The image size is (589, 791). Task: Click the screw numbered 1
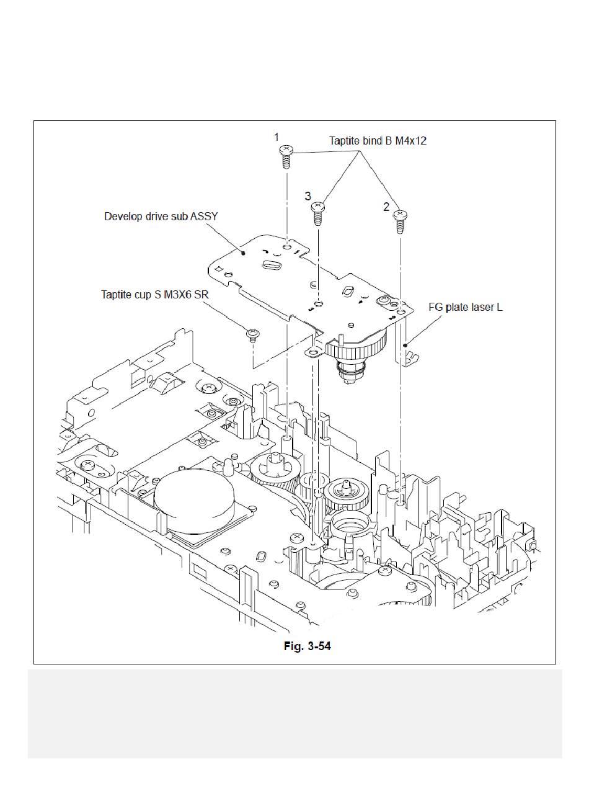pyautogui.click(x=286, y=156)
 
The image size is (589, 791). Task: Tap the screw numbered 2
pyautogui.click(x=400, y=221)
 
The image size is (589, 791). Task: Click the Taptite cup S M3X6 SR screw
pyautogui.click(x=253, y=335)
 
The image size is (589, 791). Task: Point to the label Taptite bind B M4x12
pyautogui.click(x=378, y=141)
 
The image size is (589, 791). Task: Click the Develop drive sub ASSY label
pyautogui.click(x=161, y=217)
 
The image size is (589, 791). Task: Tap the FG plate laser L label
pyautogui.click(x=466, y=307)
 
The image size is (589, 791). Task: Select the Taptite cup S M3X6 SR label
pyautogui.click(x=155, y=295)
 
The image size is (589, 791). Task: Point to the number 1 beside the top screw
pyautogui.click(x=277, y=137)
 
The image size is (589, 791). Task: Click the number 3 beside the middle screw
pyautogui.click(x=308, y=196)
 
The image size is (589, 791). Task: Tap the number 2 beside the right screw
pyautogui.click(x=386, y=207)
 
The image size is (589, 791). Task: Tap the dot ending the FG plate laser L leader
pyautogui.click(x=405, y=345)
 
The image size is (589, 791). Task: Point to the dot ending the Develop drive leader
pyautogui.click(x=243, y=253)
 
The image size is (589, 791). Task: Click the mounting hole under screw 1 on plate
pyautogui.click(x=287, y=247)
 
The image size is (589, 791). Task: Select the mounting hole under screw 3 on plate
pyautogui.click(x=319, y=303)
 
